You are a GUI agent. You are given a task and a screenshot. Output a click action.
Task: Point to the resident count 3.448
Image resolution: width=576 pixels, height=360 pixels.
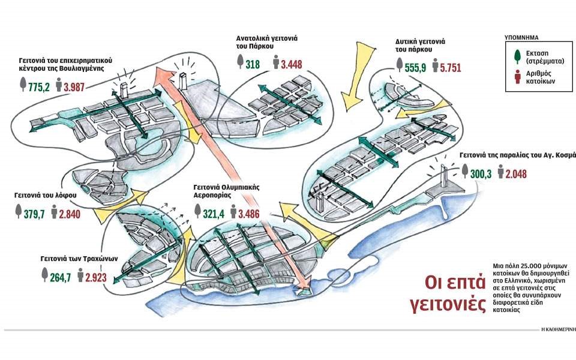coord(291,64)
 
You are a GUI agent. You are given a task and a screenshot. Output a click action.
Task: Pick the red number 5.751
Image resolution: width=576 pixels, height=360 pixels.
coord(450,68)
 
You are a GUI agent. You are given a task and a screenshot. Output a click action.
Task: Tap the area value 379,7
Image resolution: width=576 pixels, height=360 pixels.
coord(35,214)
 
